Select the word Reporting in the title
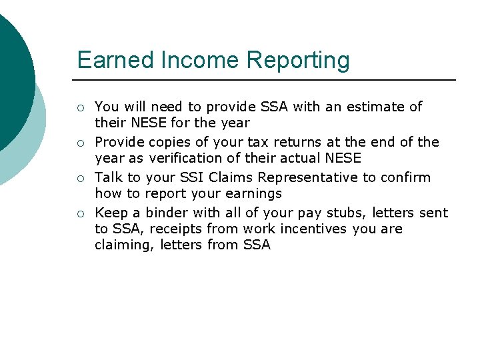pos(297,61)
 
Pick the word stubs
pos(343,213)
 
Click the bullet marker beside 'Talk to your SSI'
pos(79,178)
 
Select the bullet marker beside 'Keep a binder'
pos(79,213)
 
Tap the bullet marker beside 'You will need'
pos(79,107)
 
